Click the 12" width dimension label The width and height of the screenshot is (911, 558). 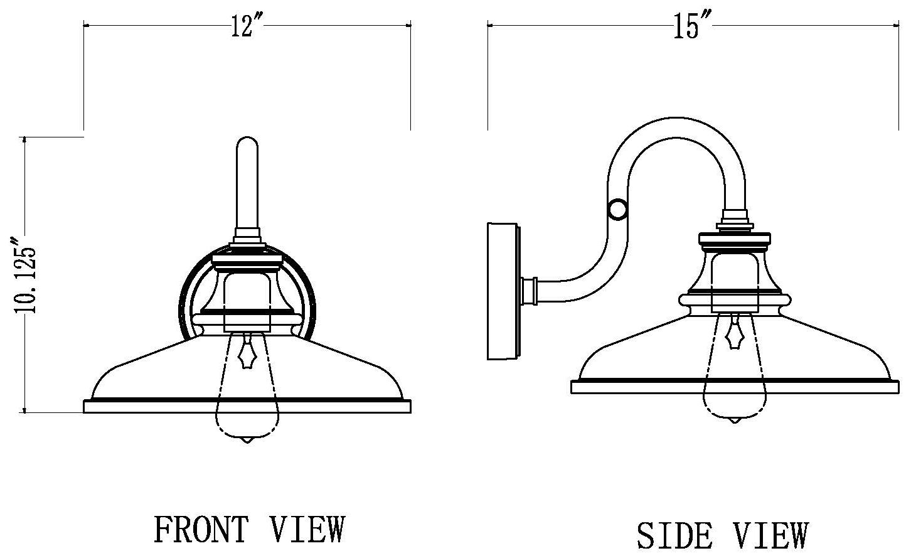[247, 26]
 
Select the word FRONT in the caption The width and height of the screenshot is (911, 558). [201, 528]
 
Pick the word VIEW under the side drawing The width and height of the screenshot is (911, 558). [770, 535]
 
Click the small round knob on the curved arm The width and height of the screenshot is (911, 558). [617, 209]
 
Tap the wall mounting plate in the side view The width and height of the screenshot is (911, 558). [503, 291]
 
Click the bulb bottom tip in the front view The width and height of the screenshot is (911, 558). [248, 441]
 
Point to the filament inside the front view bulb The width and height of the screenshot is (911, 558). [248, 355]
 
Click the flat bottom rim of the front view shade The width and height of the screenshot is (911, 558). [247, 407]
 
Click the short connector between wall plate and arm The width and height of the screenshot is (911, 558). [530, 289]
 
